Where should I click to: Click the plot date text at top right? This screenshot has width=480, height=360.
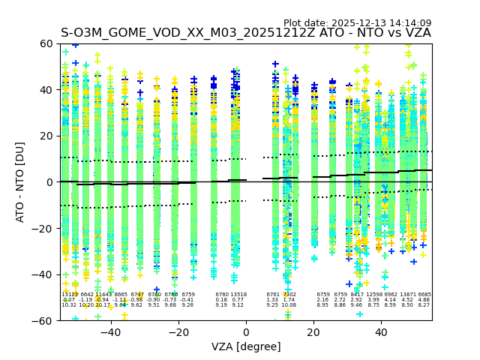[x=357, y=23]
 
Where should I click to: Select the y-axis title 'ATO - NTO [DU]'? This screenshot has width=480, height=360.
[x=21, y=182]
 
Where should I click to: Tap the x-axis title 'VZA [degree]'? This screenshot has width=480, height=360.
[x=246, y=346]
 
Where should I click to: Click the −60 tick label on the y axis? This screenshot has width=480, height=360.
[x=45, y=320]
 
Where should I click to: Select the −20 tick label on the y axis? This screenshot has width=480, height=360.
[x=45, y=229]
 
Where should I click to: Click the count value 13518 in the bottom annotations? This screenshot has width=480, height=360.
[x=238, y=295]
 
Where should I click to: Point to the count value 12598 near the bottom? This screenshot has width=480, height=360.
[x=373, y=295]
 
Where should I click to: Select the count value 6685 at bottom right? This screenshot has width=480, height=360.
[x=424, y=295]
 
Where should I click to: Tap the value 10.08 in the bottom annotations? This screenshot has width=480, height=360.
[x=289, y=305]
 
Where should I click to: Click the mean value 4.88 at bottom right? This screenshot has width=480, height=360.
[x=424, y=300]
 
